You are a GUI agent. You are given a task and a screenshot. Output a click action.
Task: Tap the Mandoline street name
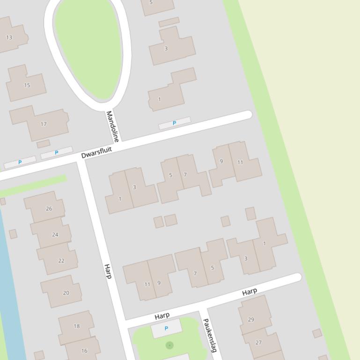point(112,126)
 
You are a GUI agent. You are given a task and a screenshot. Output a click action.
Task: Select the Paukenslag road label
point(210,335)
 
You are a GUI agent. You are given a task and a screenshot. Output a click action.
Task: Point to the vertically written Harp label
point(108,271)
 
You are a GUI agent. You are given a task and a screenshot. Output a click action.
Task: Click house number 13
point(9,37)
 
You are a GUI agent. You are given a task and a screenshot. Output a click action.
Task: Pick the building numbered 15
point(27,85)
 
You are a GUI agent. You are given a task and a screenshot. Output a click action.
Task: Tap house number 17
point(44,124)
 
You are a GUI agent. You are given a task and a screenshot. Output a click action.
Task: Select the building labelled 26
point(49,209)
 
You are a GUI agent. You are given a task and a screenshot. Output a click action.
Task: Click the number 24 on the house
point(55,234)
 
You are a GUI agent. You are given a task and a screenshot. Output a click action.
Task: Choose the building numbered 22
point(61,260)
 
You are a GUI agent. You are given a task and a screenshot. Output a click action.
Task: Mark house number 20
point(66,293)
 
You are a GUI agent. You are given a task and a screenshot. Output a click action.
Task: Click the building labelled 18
point(77,326)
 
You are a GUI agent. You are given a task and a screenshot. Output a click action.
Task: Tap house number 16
point(84,351)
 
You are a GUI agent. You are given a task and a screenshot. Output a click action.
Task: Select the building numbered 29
point(251,320)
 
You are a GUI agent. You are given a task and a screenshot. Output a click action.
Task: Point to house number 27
point(258,342)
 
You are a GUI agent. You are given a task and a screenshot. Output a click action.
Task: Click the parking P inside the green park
point(166,329)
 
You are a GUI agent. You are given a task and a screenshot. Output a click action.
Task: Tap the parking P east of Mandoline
point(175,123)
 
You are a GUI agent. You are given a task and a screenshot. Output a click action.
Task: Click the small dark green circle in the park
point(169,345)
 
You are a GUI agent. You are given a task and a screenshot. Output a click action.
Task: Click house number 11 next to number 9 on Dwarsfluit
point(240,162)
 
